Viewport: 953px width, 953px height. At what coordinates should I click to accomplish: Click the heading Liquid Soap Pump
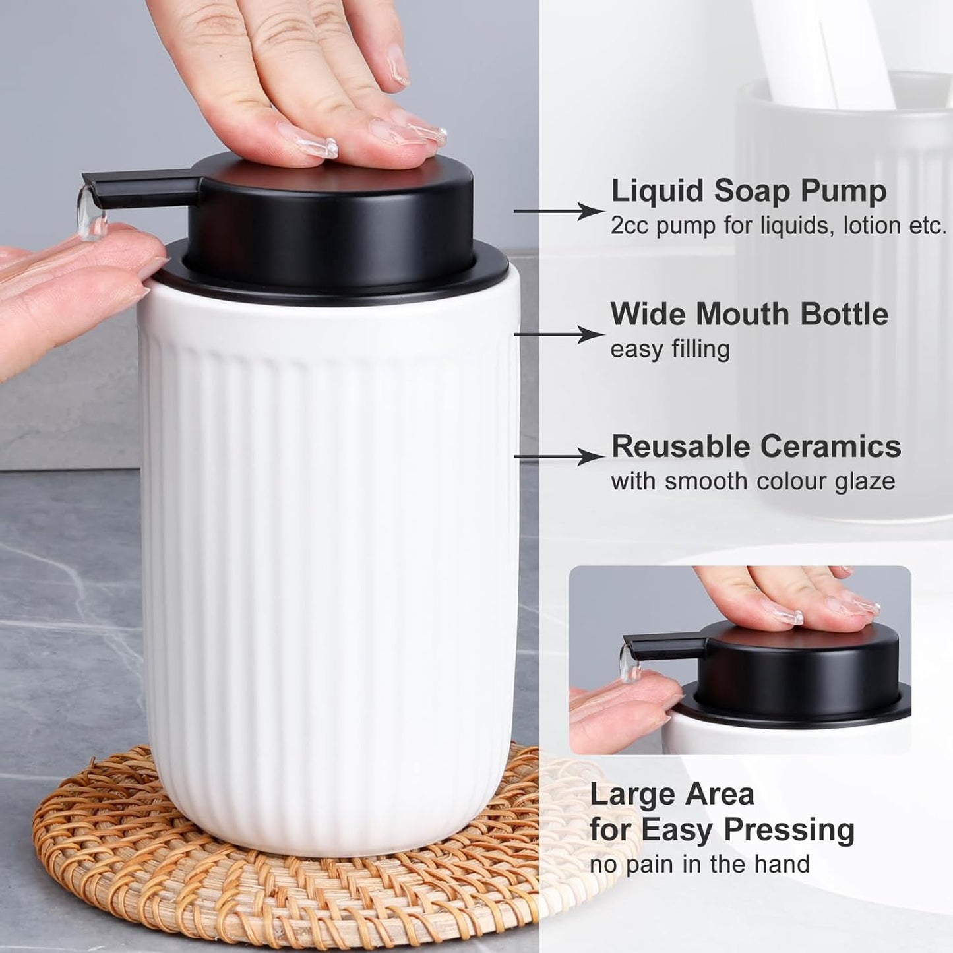point(749,191)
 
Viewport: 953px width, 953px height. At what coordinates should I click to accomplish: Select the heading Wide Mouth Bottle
point(749,314)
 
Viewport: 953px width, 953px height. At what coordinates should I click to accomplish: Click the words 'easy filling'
point(669,349)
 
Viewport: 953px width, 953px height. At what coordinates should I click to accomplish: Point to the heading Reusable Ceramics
point(756,446)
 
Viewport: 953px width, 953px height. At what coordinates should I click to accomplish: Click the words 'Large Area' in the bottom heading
point(671,793)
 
